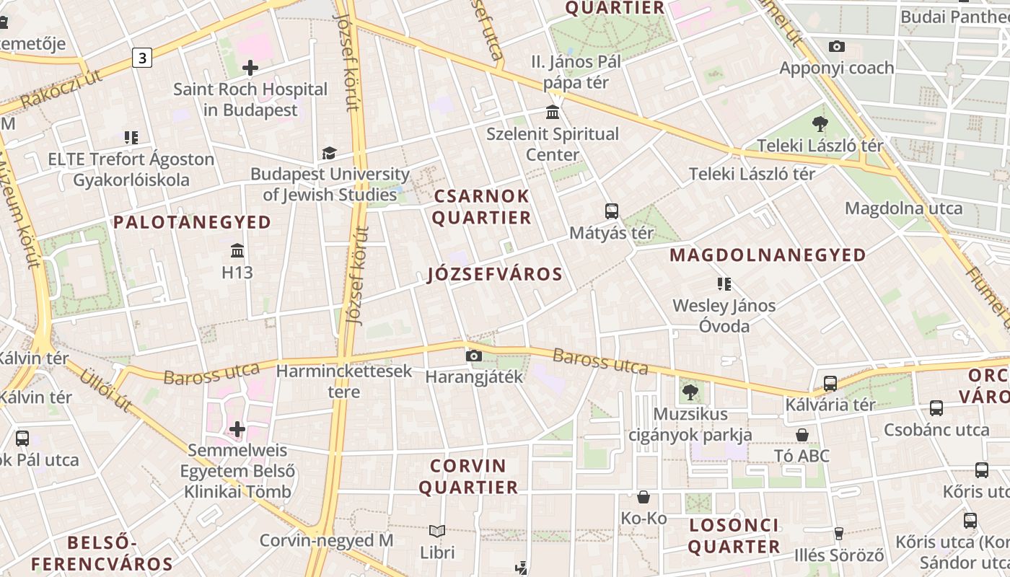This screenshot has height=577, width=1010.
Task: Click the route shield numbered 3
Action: click(142, 58)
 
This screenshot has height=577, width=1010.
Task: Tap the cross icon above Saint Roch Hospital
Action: click(250, 69)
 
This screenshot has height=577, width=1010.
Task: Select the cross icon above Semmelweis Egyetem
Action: click(237, 430)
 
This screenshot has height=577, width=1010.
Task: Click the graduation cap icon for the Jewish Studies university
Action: click(329, 153)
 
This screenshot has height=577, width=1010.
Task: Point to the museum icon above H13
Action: click(237, 251)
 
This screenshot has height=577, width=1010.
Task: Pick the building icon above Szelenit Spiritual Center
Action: click(553, 113)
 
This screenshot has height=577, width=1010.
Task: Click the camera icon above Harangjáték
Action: click(474, 356)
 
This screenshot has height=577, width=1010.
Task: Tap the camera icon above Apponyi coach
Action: click(837, 47)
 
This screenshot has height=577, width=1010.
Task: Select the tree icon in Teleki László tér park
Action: click(820, 124)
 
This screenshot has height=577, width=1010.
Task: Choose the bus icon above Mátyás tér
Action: click(612, 211)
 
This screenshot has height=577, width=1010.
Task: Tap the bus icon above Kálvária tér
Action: click(830, 383)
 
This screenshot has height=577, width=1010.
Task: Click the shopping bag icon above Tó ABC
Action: click(802, 435)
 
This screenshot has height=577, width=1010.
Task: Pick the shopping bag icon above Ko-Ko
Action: click(644, 497)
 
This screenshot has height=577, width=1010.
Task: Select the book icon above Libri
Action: click(437, 532)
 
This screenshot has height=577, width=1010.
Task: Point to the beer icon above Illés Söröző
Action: click(838, 534)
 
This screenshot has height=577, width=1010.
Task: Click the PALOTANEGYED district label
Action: click(192, 222)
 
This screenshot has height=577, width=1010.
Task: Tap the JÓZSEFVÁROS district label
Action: click(495, 274)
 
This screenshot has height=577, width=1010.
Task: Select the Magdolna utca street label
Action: click(903, 208)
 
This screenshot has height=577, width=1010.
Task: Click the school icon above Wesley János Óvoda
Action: click(724, 284)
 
